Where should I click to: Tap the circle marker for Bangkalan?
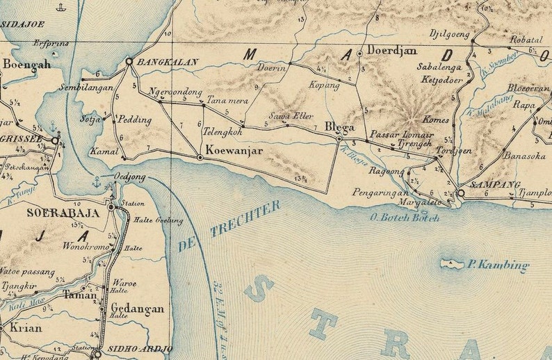click(x=129, y=62)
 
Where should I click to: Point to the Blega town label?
click(x=340, y=128)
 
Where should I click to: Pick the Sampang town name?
click(x=496, y=184)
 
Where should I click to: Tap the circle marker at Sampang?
click(x=460, y=193)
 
